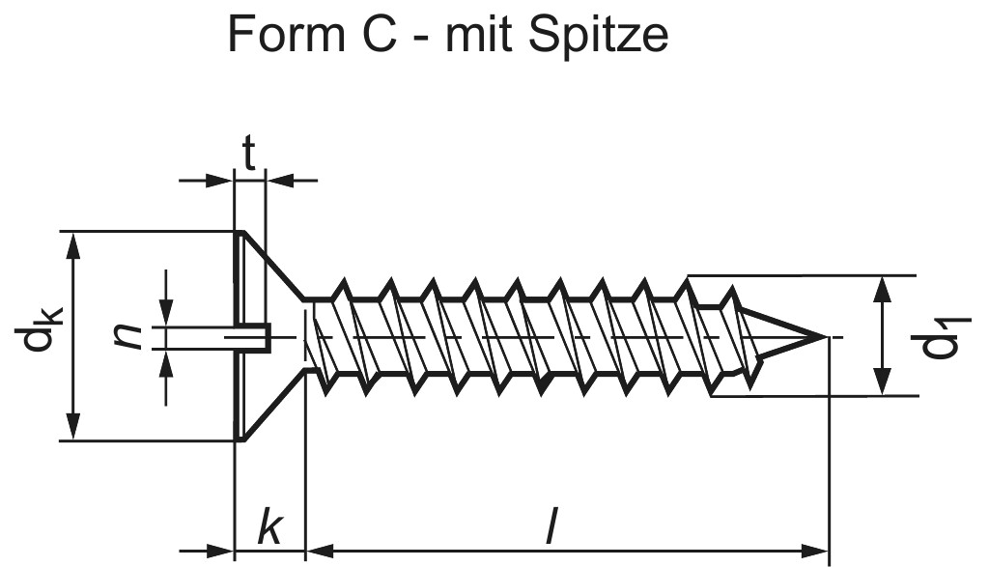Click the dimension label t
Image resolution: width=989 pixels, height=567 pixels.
(x=249, y=155)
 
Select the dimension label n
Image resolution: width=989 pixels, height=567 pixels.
(x=128, y=336)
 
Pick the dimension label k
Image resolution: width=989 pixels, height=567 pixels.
(x=270, y=527)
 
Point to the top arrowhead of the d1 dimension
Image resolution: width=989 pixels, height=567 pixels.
(x=882, y=287)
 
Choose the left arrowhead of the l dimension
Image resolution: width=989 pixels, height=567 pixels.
(x=317, y=553)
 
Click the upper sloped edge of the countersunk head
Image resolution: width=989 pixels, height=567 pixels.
(x=272, y=266)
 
